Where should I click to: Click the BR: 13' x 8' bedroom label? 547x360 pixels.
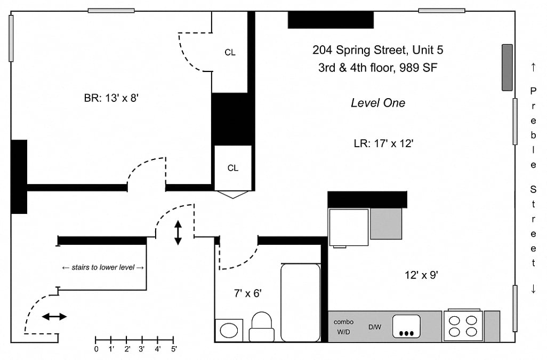[111, 98]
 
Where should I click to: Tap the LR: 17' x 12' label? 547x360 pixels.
[384, 143]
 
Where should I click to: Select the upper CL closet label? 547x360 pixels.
[230, 52]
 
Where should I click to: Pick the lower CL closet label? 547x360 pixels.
[232, 168]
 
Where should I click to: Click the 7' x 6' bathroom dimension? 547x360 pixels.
[248, 293]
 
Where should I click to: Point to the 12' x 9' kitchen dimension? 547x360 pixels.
[421, 275]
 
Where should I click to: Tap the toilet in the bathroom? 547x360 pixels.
[262, 326]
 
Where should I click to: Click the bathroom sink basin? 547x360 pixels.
[229, 330]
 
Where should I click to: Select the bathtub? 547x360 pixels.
[300, 302]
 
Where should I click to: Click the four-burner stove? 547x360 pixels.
[463, 326]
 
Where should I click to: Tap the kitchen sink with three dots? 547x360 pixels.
[406, 326]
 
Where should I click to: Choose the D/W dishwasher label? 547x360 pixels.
[375, 327]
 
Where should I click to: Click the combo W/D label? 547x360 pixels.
[344, 327]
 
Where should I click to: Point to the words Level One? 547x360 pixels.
[378, 103]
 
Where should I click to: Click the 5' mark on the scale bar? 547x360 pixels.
[173, 348]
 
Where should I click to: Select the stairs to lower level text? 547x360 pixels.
[103, 268]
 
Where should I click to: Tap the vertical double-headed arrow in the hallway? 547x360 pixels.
[178, 233]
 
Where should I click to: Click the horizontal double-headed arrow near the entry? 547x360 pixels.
[54, 317]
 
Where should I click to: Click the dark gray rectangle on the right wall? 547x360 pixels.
[507, 68]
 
